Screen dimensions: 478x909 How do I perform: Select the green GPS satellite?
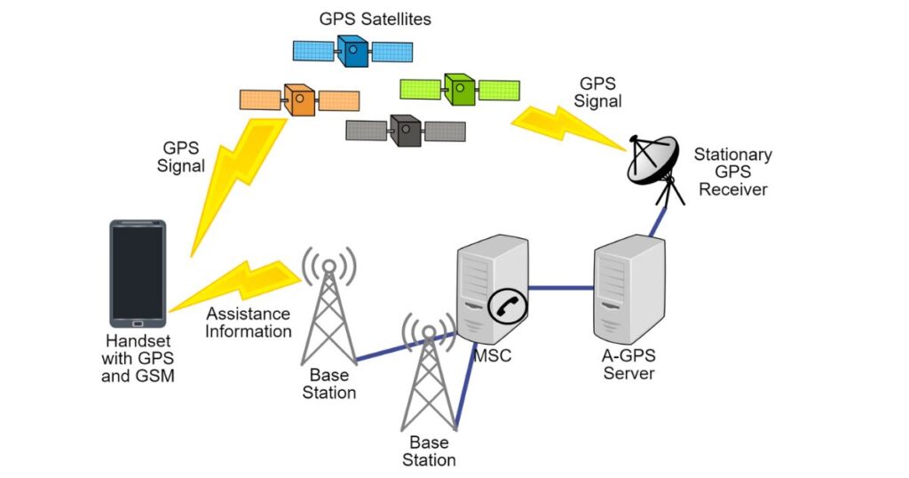460,90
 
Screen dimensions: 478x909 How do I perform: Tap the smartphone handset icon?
138,273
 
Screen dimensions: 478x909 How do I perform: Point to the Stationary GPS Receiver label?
732,171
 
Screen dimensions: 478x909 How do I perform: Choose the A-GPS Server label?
628,364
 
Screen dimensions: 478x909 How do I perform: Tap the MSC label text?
493,357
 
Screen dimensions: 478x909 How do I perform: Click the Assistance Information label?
249,323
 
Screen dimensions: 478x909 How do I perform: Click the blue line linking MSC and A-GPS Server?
561,288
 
